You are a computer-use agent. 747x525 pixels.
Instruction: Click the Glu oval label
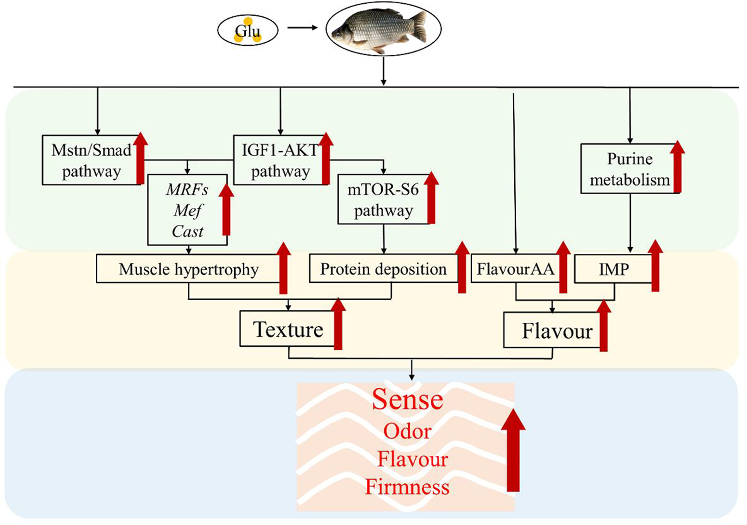click(x=247, y=31)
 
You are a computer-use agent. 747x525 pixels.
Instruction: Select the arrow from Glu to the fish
click(x=302, y=28)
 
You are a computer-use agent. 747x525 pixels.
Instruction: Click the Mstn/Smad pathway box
click(x=91, y=160)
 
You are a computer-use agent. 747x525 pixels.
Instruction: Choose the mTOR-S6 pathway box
click(x=383, y=200)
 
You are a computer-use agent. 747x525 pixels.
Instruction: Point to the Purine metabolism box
click(x=629, y=169)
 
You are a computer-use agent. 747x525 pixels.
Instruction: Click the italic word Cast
click(x=187, y=232)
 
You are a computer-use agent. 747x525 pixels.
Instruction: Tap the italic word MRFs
click(x=187, y=190)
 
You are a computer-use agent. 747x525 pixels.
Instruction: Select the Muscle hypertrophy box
click(x=188, y=269)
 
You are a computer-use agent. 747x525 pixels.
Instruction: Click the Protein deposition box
click(x=383, y=269)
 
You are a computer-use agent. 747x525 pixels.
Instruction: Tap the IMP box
click(x=613, y=269)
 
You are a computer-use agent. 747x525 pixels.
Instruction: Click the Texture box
click(x=288, y=329)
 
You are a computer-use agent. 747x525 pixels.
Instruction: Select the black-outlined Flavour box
click(x=557, y=331)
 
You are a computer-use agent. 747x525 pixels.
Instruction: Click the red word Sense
click(x=407, y=399)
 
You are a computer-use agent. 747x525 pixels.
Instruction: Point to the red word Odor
click(x=407, y=431)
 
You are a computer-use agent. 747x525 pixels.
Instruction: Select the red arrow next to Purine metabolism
click(x=677, y=167)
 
